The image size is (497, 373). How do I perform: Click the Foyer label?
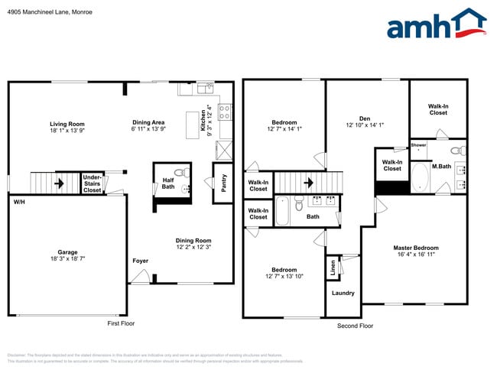tap(140, 261)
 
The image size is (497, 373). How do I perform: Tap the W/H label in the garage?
tap(18, 202)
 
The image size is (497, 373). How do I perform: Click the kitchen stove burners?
tap(226, 112)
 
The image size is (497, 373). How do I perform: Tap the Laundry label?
tap(343, 293)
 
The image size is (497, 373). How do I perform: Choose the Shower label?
tap(418, 144)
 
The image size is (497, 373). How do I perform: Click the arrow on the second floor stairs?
tap(309, 183)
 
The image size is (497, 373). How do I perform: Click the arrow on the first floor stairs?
tap(58, 183)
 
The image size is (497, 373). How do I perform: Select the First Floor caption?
tap(124, 324)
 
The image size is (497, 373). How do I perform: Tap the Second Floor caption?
tap(355, 326)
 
